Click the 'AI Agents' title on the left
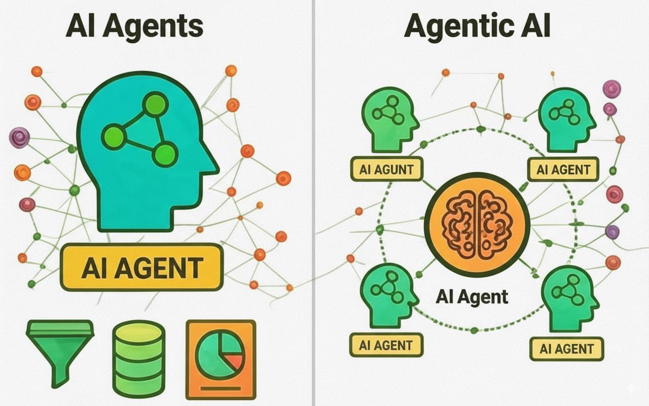(x=134, y=26)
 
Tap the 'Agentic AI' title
(x=477, y=26)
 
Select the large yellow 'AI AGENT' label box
(x=141, y=268)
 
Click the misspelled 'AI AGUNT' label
(x=386, y=169)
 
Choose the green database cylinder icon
(x=138, y=358)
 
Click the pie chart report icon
(x=221, y=358)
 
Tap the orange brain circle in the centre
(x=477, y=223)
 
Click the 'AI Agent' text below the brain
(x=472, y=296)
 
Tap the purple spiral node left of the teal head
(x=19, y=138)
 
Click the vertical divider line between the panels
(x=314, y=203)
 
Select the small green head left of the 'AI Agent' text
(x=388, y=297)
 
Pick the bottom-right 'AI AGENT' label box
(x=567, y=349)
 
